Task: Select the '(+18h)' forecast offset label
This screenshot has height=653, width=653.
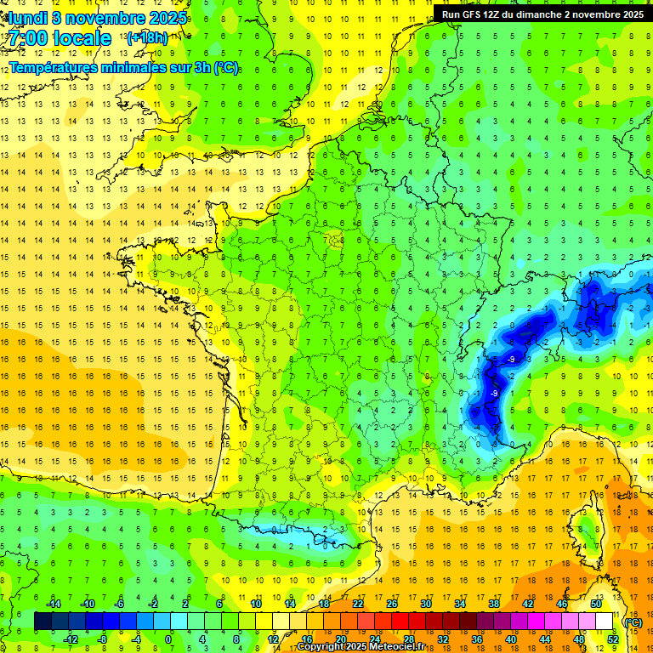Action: click(147, 37)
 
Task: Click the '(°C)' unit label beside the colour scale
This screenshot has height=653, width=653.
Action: click(633, 622)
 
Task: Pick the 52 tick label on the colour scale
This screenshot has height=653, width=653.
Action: click(612, 639)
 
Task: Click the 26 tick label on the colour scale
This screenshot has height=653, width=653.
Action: click(392, 604)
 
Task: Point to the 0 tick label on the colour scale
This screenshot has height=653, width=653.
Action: click(168, 639)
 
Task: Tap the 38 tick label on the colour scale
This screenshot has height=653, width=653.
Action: click(493, 604)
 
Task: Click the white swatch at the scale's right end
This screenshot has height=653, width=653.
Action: click(604, 622)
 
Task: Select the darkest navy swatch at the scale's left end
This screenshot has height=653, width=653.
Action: click(43, 622)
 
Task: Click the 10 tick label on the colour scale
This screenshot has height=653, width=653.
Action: click(256, 604)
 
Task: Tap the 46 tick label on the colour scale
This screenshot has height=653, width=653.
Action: click(561, 604)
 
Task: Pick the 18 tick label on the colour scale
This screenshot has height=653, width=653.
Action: click(324, 604)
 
